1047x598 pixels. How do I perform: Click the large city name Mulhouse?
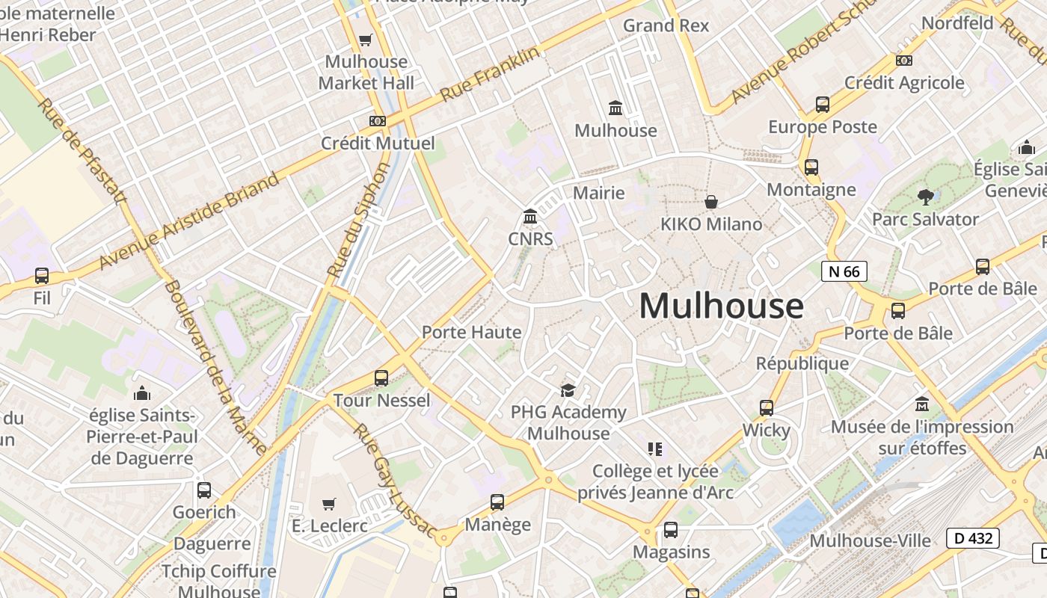(721, 306)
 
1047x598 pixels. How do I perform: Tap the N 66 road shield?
(844, 271)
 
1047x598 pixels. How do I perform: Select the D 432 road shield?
(973, 537)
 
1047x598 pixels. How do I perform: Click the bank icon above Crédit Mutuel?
(378, 120)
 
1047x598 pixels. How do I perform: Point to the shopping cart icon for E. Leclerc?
(329, 504)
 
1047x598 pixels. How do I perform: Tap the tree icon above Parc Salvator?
(925, 197)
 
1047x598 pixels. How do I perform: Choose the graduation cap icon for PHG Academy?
(568, 390)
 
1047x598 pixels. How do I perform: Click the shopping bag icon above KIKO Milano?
(711, 202)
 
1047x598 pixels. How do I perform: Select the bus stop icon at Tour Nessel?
(381, 378)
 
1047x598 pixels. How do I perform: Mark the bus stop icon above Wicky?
(767, 408)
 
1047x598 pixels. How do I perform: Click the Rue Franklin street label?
(490, 75)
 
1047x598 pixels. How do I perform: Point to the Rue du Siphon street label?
(359, 221)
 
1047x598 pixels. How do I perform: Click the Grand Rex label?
(666, 25)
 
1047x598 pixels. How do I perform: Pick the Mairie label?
(598, 193)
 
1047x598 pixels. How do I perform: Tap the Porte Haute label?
(471, 332)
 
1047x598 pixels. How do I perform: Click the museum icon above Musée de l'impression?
(922, 404)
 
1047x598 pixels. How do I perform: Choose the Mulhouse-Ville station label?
(871, 540)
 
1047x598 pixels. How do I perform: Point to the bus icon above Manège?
(497, 502)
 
